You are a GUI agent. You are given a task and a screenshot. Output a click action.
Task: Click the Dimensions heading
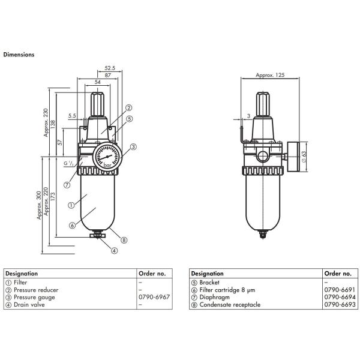pos(19,54)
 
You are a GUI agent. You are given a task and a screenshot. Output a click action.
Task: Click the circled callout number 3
pos(133,146)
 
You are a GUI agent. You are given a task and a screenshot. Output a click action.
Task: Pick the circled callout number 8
pos(124,239)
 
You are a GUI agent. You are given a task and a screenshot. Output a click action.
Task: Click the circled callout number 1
pos(71,205)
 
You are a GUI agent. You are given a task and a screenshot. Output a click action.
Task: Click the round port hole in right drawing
pos(263,157)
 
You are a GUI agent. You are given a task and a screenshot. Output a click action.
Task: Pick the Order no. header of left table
pos(152,273)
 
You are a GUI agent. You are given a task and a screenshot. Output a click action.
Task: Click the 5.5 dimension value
pos(72,115)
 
